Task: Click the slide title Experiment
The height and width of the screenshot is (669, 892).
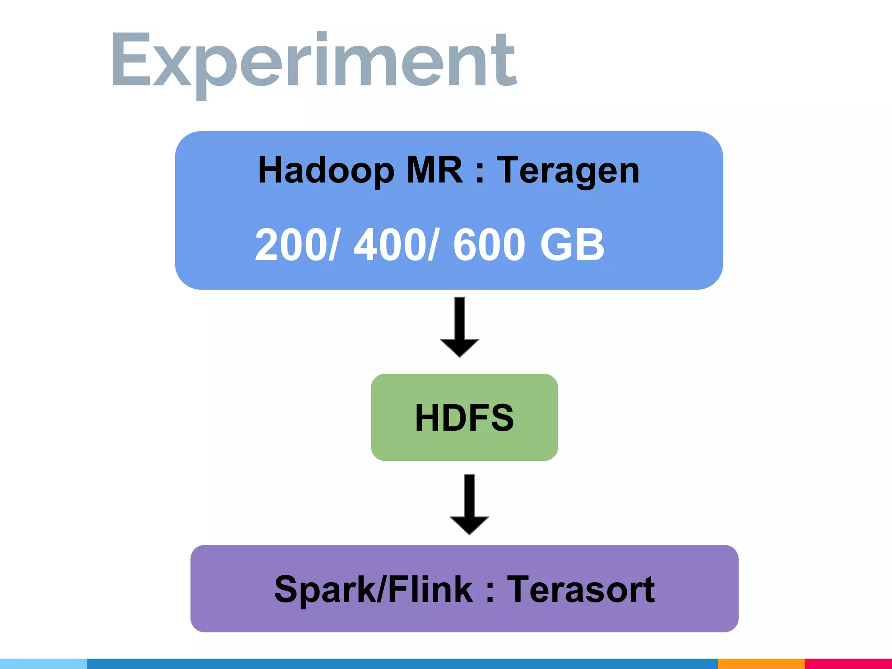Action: click(314, 61)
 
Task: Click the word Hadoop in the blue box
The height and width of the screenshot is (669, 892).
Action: click(326, 171)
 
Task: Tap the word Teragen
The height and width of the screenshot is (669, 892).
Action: click(568, 171)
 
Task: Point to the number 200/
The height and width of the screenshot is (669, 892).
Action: click(296, 245)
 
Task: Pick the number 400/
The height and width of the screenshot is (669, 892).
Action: click(395, 245)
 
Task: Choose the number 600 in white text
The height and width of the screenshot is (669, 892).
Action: click(489, 245)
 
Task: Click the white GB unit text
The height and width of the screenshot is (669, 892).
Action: click(572, 245)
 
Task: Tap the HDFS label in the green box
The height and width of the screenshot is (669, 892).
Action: click(464, 418)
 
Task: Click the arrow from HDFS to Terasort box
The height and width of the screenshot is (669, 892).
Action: click(469, 504)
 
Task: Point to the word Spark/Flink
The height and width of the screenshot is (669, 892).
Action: click(374, 590)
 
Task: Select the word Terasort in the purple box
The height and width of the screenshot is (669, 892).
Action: click(581, 590)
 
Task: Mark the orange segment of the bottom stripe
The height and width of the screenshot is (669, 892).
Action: click(760, 664)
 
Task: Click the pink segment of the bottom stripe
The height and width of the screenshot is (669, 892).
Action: click(848, 664)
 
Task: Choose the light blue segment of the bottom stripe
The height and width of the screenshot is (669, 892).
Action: click(44, 664)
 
